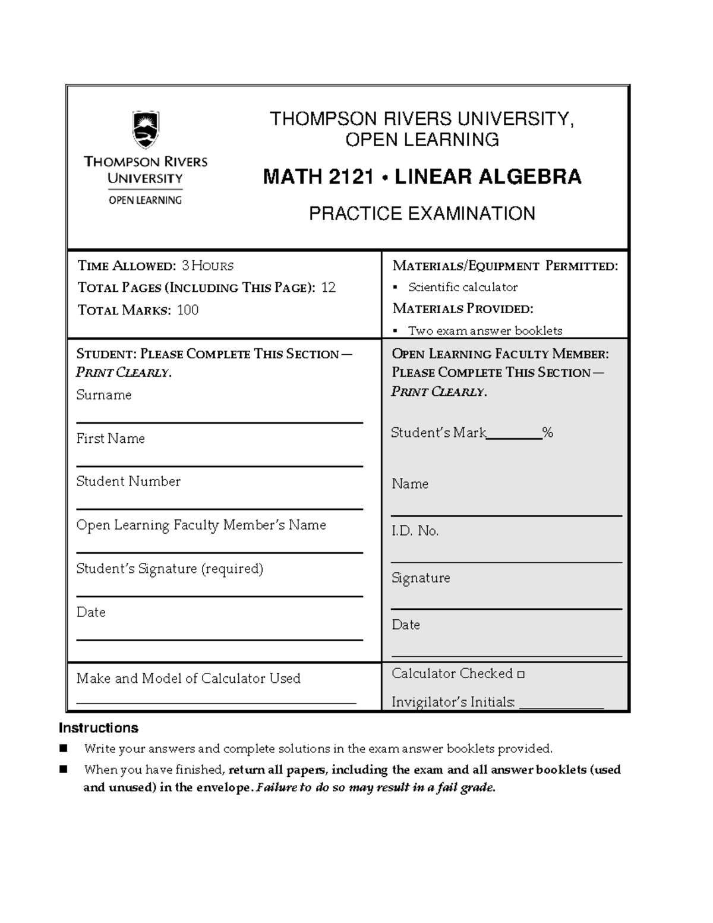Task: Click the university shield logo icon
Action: point(146,130)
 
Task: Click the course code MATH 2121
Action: point(318,177)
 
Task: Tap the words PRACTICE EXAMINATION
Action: point(422,213)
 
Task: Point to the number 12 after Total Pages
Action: point(329,288)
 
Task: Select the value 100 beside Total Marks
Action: point(188,310)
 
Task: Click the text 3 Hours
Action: point(207,266)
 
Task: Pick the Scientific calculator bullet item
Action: point(462,287)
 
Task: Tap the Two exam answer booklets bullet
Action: point(484,330)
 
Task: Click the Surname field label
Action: point(104,395)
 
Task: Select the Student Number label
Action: point(128,481)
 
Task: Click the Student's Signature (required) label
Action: point(169,569)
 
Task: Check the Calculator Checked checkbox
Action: point(521,675)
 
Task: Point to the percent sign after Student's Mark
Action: point(548,433)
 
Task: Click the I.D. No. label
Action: point(415,531)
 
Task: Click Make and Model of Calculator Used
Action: point(188,678)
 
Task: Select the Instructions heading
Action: point(99,728)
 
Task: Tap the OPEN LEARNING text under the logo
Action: point(145,200)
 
